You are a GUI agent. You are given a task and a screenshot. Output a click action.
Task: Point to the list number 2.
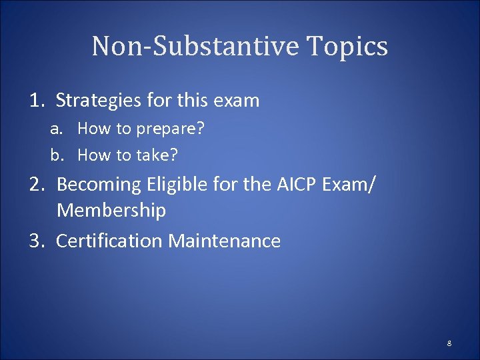coord(37,183)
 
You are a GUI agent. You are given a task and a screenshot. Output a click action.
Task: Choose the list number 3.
coord(37,241)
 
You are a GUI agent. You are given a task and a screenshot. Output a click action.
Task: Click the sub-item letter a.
coord(55,128)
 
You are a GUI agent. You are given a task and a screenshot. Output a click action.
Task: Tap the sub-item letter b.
coord(56,155)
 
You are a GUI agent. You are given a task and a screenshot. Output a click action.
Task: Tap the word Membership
coord(111,211)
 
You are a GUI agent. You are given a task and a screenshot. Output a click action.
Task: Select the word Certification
coord(109,241)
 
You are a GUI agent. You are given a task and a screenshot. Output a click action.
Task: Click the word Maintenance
coord(225,241)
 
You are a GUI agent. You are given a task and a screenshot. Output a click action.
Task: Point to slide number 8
coord(449,343)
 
